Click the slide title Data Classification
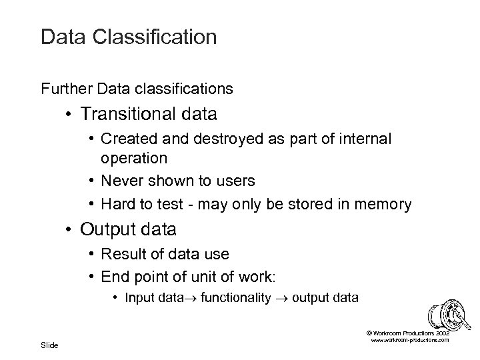tap(129, 37)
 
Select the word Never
tap(121, 181)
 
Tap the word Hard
tap(118, 205)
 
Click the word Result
tap(122, 254)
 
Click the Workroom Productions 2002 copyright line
tap(408, 332)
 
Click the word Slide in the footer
tap(49, 345)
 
